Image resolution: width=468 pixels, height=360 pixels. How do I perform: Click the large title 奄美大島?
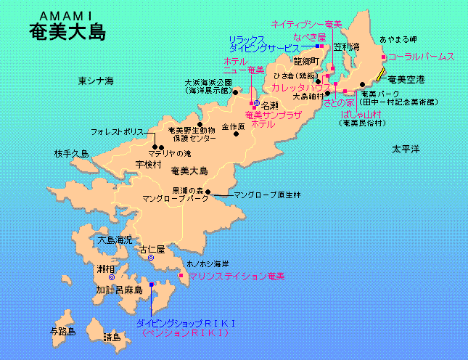pyautogui.click(x=67, y=32)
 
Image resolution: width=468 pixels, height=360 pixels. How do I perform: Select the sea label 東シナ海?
pyautogui.click(x=97, y=80)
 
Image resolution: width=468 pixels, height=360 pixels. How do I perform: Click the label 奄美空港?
pyautogui.click(x=407, y=78)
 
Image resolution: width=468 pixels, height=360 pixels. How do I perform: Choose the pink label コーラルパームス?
pyautogui.click(x=421, y=56)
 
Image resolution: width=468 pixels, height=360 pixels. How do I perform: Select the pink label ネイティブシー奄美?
pyautogui.click(x=306, y=25)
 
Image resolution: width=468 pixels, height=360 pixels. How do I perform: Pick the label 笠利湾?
pyautogui.click(x=348, y=47)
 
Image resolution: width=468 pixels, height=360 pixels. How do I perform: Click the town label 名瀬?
pyautogui.click(x=270, y=105)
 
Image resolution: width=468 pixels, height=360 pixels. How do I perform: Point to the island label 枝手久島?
pyautogui.click(x=71, y=154)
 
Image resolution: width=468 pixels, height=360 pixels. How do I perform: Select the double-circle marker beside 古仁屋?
pyautogui.click(x=150, y=258)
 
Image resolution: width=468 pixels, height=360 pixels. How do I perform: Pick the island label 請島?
pyautogui.click(x=112, y=337)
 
